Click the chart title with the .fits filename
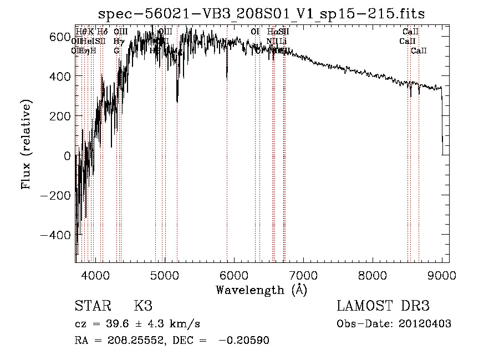261,14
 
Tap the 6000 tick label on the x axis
234,275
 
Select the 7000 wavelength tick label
303,275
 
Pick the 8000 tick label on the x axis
373,275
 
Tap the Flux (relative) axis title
27,144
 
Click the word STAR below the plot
93,306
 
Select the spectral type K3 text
142,306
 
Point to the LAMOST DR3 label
383,306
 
